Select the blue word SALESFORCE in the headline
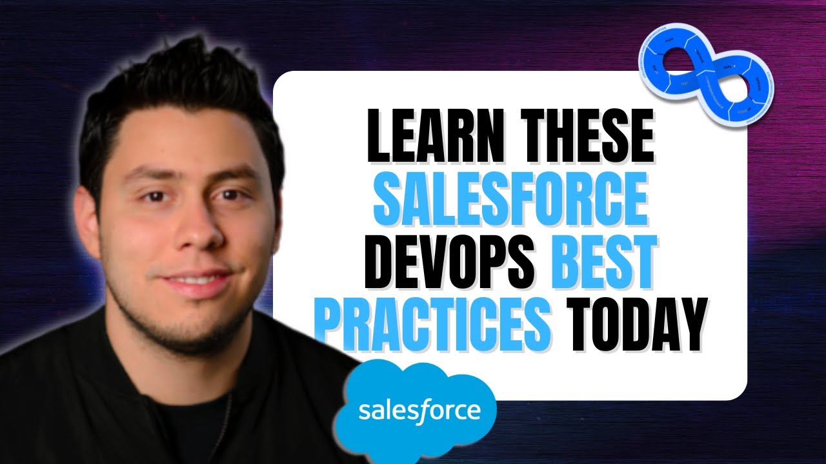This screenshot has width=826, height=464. click(x=510, y=201)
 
